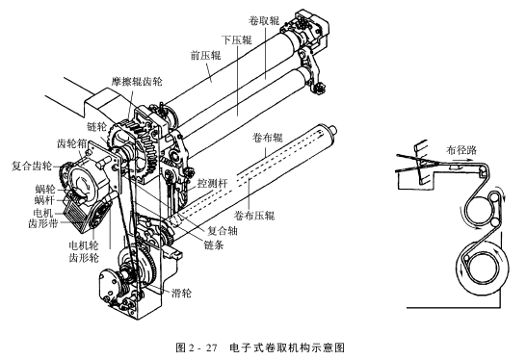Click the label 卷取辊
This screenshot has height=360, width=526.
tap(264, 21)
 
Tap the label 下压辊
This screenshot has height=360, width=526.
tap(236, 39)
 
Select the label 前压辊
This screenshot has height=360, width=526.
tap(205, 55)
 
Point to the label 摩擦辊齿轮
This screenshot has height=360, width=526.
tap(137, 82)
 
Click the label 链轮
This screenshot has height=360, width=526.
tap(97, 127)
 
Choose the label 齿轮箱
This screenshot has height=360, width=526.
tap(72, 143)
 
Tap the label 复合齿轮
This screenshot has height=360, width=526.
tap(32, 166)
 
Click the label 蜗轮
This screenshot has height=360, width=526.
tap(45, 190)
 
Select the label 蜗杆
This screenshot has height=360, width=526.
tap(45, 200)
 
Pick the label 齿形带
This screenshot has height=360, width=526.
tap(43, 223)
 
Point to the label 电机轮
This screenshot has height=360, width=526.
tap(84, 245)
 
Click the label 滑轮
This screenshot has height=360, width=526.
tap(182, 293)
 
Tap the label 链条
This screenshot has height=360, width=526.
tap(214, 245)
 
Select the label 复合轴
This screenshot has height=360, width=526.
tap(223, 230)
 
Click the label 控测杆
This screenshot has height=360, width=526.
tap(213, 183)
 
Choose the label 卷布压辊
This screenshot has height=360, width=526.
tap(254, 216)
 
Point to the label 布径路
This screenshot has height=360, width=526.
tap(461, 150)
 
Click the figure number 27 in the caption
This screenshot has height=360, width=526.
tap(212, 347)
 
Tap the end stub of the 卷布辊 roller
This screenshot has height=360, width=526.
tap(332, 129)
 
